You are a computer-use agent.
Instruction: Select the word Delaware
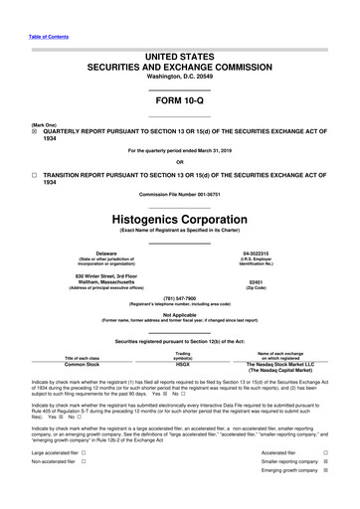point(98,254)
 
